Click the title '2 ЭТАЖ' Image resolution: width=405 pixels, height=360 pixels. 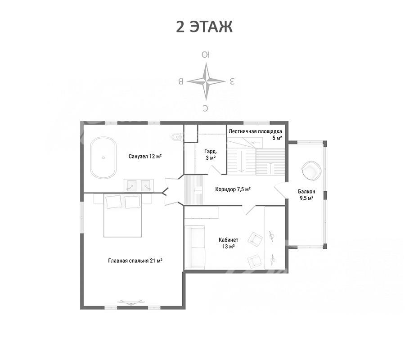point(204,27)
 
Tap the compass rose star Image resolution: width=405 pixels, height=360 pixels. point(206,81)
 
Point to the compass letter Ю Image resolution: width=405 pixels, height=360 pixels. point(206,55)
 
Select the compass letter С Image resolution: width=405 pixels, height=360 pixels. point(205,108)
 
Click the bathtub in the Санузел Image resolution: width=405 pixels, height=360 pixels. point(103,157)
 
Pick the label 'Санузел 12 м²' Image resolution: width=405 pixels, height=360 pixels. point(145,156)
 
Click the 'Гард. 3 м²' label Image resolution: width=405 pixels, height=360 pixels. point(211,154)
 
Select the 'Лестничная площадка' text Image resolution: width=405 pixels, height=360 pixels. point(255,131)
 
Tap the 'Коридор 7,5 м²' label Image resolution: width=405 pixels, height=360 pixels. point(233,189)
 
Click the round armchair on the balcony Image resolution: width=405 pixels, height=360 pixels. point(311,171)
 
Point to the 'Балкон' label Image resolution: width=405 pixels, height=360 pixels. point(306,192)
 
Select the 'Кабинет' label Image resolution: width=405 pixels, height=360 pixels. point(228,240)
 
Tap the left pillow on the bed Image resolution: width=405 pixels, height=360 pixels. point(113,202)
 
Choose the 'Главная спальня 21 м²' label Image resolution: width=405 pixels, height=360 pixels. point(135,261)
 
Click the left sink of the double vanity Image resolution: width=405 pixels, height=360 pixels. point(131,185)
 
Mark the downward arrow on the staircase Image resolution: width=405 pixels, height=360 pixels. point(241,162)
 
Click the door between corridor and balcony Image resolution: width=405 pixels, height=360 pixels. point(280,190)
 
